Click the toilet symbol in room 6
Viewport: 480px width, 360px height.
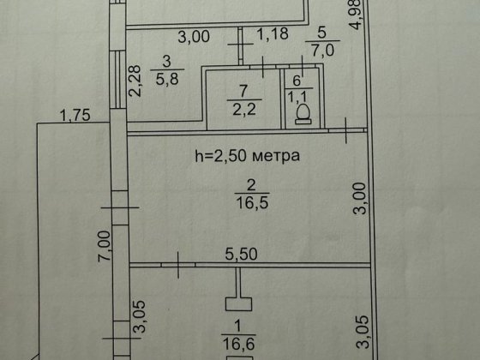[x=302, y=113]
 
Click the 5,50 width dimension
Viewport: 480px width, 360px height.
[x=243, y=255]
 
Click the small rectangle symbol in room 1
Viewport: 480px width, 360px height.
[x=237, y=303]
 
